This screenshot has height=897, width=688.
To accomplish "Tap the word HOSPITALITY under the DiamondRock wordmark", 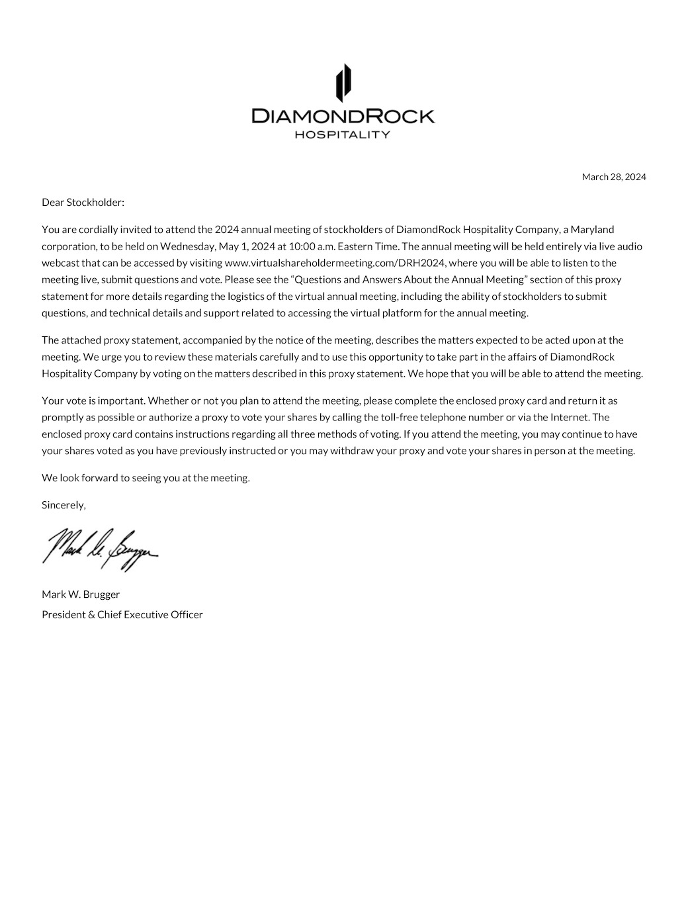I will point(342,135).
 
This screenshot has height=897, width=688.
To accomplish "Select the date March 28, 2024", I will point(613,177).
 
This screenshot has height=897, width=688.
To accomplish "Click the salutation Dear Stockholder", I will point(83,203).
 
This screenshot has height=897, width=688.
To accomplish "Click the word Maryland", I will point(593,230).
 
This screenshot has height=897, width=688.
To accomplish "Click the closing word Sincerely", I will point(64,505).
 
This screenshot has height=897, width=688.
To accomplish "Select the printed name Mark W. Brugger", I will point(81,594).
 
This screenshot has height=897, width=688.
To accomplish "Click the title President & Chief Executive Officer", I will point(122,614).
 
